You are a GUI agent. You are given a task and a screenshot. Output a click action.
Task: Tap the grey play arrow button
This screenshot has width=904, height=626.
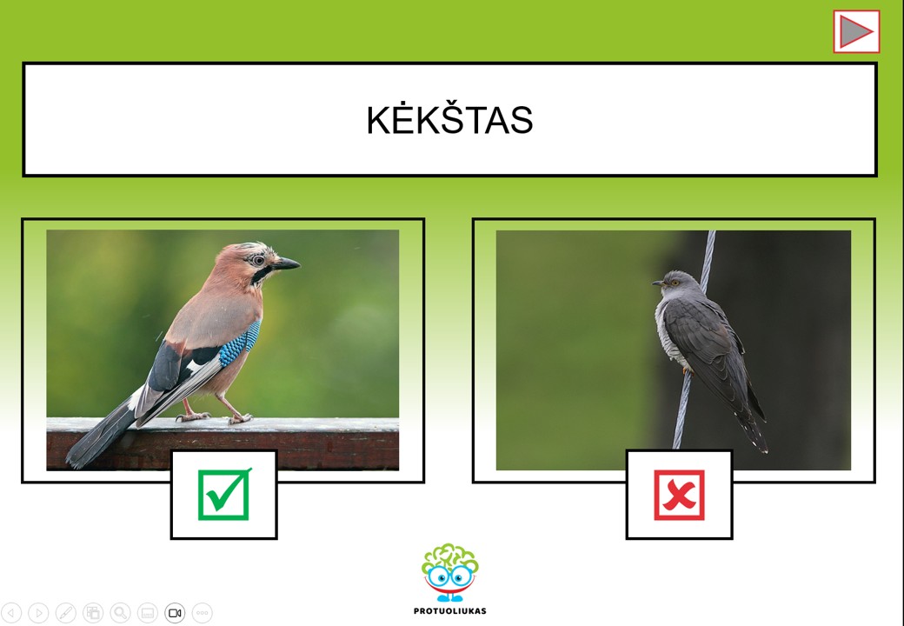coord(856,31)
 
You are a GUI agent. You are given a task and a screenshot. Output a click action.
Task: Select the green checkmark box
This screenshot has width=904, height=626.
coord(224,495)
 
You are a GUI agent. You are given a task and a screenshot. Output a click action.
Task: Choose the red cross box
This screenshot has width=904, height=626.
coord(679,496)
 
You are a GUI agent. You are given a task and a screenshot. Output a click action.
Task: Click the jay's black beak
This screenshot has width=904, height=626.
coord(286,264)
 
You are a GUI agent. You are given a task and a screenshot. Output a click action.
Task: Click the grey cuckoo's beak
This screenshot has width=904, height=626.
coord(658,283)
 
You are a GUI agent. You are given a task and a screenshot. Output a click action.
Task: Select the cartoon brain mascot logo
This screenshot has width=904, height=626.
coord(450,573)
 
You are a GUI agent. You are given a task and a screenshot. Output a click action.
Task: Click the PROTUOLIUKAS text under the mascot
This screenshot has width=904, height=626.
coord(450,611)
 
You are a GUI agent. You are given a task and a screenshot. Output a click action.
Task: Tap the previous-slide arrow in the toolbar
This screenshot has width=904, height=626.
coord(11,613)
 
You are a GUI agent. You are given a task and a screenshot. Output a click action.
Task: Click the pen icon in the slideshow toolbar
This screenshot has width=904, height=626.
coord(65,613)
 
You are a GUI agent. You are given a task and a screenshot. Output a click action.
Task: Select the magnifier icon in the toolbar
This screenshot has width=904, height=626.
coord(120,613)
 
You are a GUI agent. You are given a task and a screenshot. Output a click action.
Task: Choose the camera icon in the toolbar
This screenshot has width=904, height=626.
coord(175,613)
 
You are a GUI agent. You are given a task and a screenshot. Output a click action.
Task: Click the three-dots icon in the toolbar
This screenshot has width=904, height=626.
coord(202,613)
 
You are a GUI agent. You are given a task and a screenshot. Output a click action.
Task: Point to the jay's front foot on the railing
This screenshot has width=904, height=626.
coord(239,418)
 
